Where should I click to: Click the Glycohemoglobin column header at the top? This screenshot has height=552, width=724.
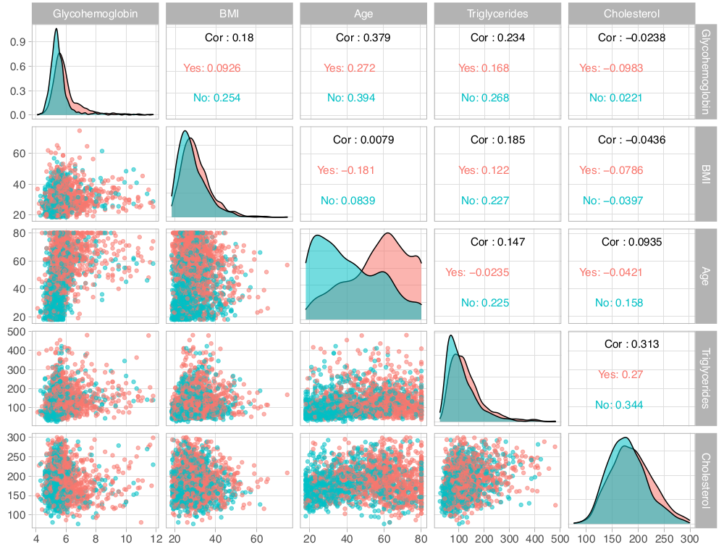click(x=96, y=13)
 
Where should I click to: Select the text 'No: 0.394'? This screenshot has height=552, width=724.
click(x=350, y=98)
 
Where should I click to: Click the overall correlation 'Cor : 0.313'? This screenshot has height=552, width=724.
click(x=631, y=344)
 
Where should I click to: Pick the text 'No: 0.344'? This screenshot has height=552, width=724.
click(x=618, y=405)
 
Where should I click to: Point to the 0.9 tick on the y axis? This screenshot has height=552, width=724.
click(x=20, y=42)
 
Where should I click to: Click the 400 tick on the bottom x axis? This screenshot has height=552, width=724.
click(x=534, y=538)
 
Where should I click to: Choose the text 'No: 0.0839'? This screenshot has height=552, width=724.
click(x=347, y=201)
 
